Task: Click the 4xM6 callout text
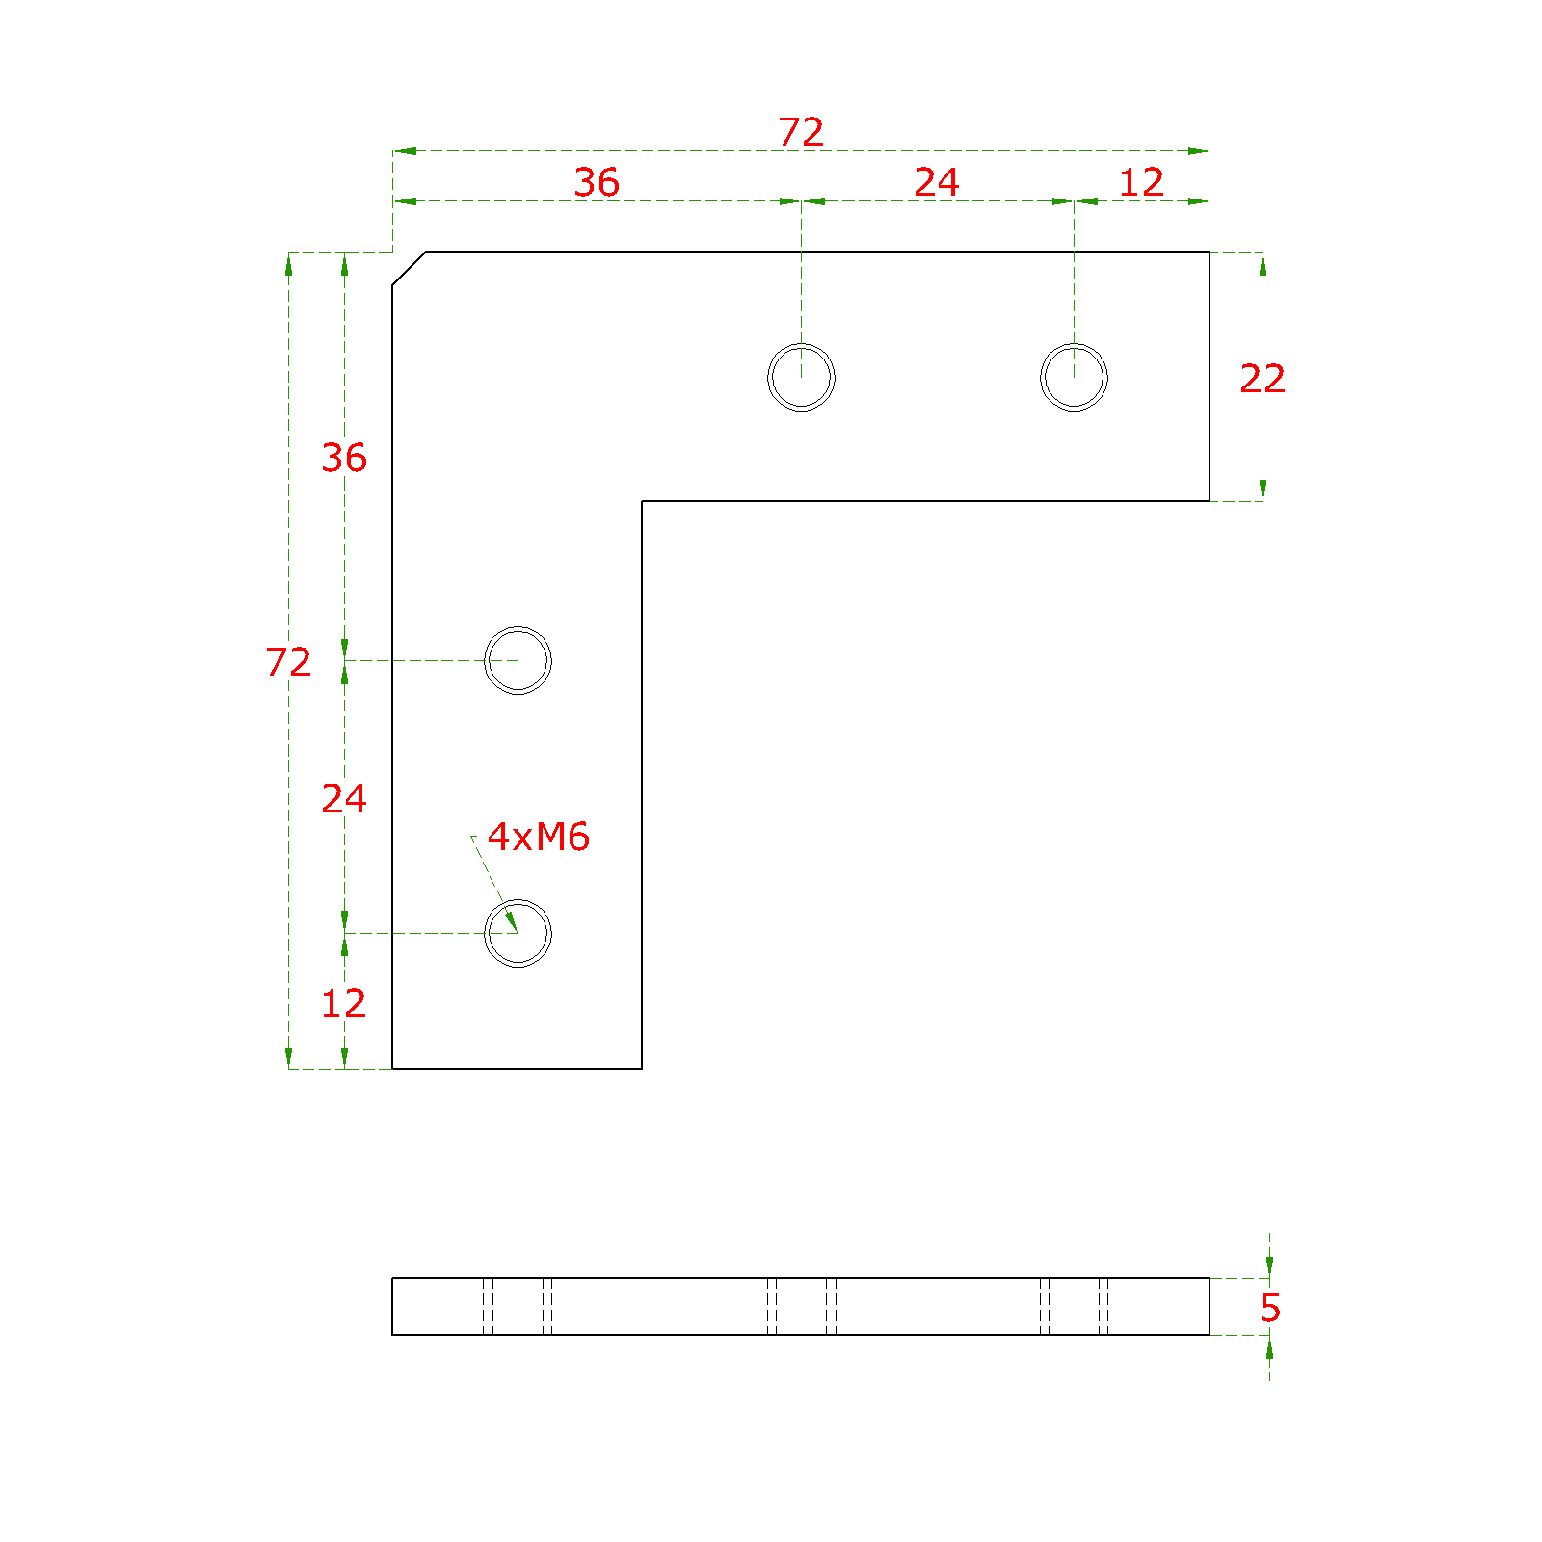click(538, 837)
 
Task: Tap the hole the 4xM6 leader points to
click(518, 900)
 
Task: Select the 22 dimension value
click(1263, 379)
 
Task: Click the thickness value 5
click(1270, 1308)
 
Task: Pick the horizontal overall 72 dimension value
click(801, 132)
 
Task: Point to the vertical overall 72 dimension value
click(289, 662)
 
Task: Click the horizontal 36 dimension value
click(597, 182)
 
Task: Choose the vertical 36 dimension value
click(344, 458)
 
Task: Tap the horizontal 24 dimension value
click(937, 182)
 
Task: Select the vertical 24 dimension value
click(344, 799)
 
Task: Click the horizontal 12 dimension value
click(1142, 182)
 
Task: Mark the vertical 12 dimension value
click(344, 1003)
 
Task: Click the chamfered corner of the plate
click(410, 269)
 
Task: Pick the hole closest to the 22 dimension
click(1074, 344)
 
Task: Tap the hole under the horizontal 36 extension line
click(801, 344)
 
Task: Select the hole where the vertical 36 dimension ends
click(518, 627)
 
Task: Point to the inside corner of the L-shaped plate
click(642, 501)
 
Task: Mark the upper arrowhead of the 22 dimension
click(1263, 262)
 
